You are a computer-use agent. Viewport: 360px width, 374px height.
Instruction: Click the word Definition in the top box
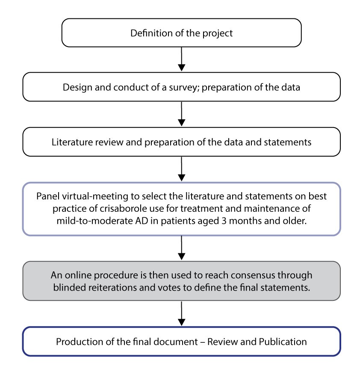click(151, 33)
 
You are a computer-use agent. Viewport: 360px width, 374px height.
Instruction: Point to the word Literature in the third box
click(72, 142)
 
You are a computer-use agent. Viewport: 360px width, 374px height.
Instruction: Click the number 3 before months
click(224, 221)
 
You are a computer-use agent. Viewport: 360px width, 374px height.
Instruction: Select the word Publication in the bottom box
click(283, 342)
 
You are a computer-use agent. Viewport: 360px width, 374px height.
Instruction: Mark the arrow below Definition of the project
click(182, 59)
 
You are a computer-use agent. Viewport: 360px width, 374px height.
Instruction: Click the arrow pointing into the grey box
click(182, 248)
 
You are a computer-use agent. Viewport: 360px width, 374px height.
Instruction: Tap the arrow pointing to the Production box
click(182, 313)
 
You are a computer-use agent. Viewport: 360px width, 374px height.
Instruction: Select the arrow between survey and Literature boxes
click(182, 114)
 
